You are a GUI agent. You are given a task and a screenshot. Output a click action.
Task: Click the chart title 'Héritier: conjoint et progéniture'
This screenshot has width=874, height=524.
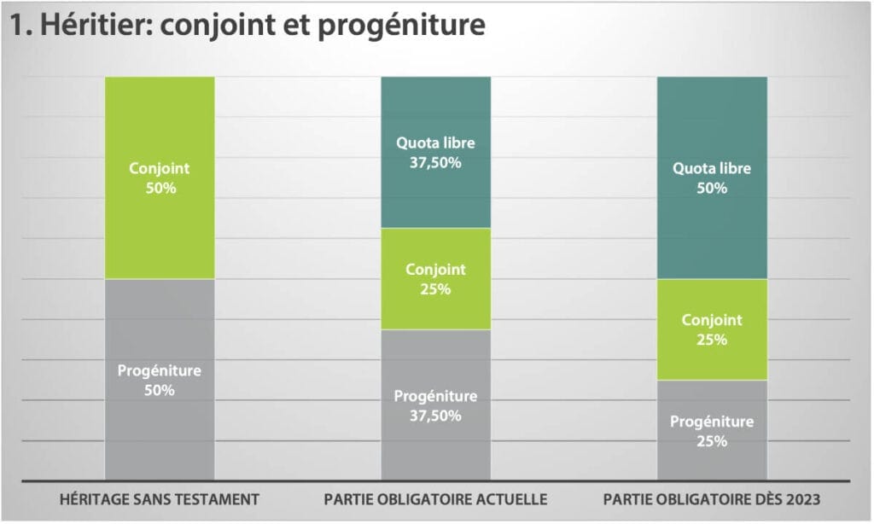click(248, 26)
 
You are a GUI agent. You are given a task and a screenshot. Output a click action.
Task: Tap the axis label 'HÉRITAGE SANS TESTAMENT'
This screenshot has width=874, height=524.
click(160, 498)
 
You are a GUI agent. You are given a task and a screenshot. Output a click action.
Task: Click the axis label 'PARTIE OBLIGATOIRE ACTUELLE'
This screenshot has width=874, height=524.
click(435, 498)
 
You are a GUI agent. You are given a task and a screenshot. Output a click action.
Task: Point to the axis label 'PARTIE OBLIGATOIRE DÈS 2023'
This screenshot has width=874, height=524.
click(712, 498)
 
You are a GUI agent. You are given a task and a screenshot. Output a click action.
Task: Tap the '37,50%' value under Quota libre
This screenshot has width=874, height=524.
click(435, 162)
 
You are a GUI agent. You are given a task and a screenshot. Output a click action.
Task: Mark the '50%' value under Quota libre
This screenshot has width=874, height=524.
click(712, 188)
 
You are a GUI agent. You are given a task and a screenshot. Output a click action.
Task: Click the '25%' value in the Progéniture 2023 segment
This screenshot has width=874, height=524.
click(712, 441)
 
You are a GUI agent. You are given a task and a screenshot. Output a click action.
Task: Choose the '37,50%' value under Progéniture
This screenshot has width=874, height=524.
click(435, 416)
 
